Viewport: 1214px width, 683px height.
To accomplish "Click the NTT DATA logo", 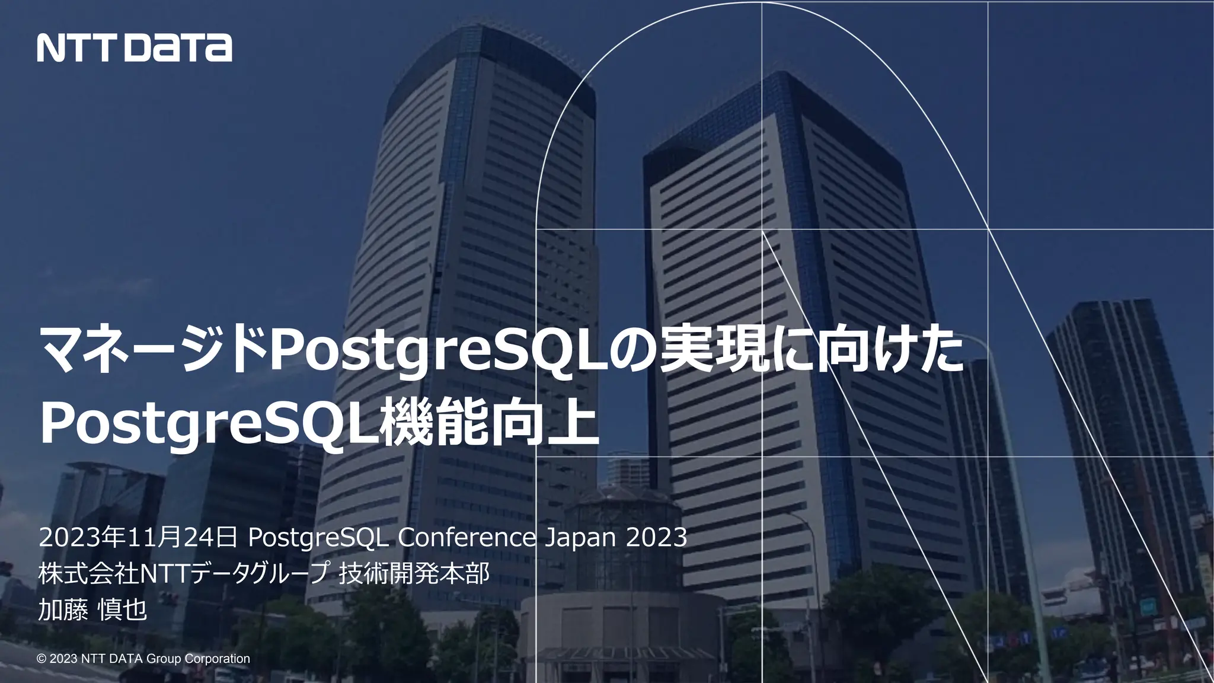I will [x=135, y=47].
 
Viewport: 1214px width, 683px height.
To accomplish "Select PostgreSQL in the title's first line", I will [x=438, y=353].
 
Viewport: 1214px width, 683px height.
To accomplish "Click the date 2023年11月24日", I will [x=138, y=538].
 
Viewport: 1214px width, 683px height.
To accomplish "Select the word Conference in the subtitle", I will [x=467, y=538].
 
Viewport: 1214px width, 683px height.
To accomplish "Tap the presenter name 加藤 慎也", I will [x=92, y=609].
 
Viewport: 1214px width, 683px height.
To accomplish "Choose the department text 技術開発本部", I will [x=414, y=573].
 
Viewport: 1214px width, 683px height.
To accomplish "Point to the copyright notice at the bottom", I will [x=143, y=659].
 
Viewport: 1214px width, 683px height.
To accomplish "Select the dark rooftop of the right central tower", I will [x=771, y=119].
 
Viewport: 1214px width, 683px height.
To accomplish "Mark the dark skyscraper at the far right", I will [x=1114, y=415].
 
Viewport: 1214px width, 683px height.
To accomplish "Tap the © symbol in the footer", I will [x=41, y=659].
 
